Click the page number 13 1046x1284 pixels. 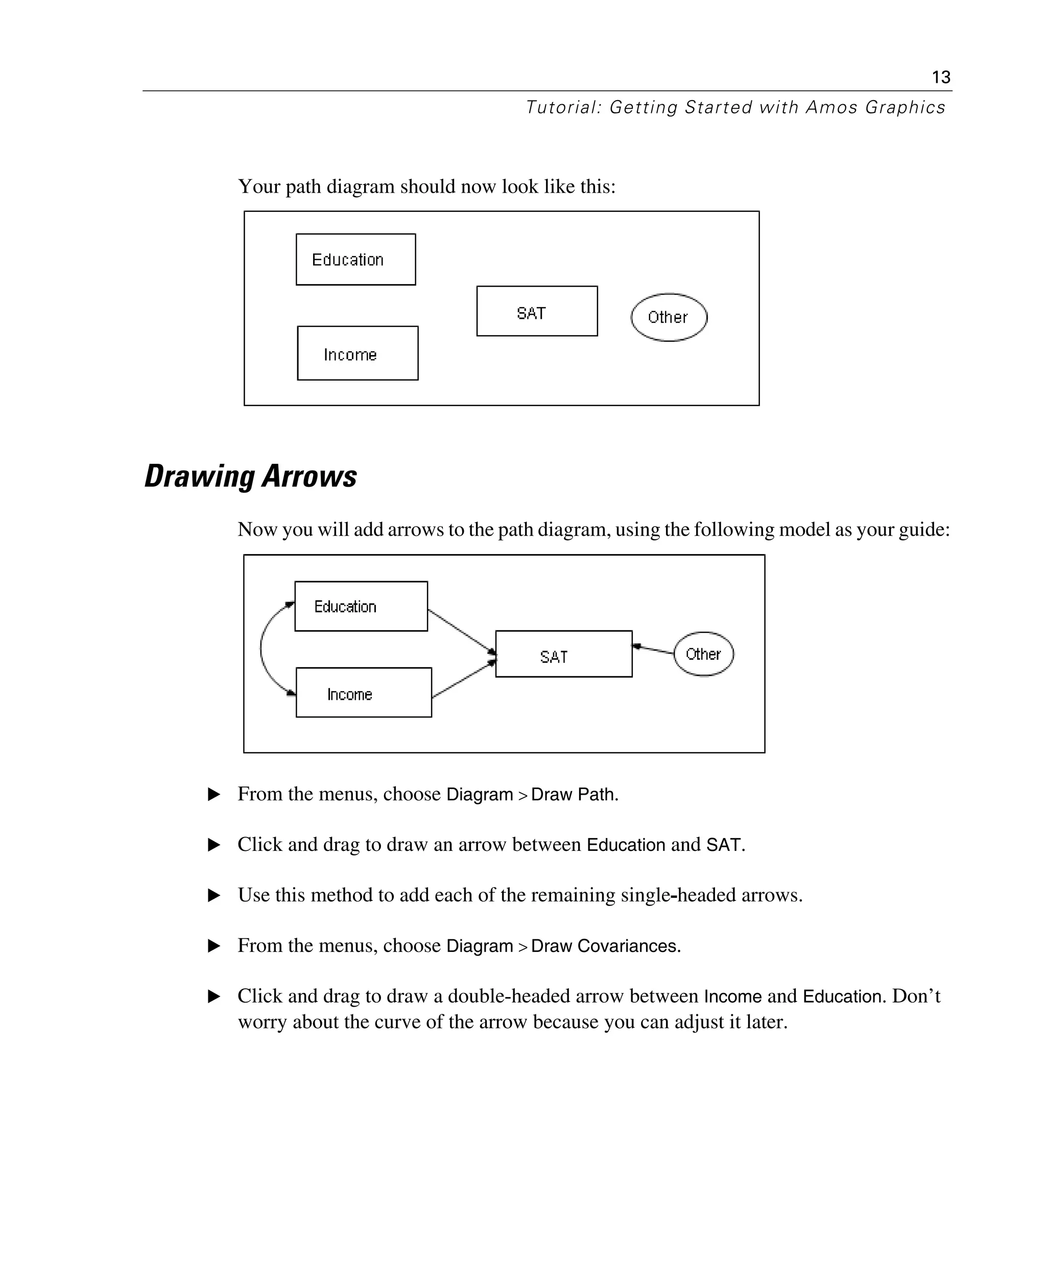tap(941, 77)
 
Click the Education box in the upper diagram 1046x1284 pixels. tap(355, 259)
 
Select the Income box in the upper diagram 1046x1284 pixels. tap(358, 354)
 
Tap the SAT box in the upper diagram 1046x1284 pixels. tap(537, 312)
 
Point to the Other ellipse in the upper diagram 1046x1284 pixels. tap(669, 318)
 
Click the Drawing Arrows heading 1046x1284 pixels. tap(251, 477)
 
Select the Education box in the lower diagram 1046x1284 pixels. tap(361, 607)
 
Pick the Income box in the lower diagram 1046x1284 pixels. tap(363, 693)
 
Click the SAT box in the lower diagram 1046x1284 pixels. tap(563, 655)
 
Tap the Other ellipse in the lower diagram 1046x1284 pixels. tap(703, 654)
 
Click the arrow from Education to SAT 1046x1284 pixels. tap(461, 631)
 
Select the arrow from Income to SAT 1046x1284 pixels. tap(463, 680)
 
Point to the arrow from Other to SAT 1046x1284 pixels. tap(654, 650)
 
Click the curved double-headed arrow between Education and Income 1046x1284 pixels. tap(261, 650)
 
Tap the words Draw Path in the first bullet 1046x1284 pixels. tap(574, 795)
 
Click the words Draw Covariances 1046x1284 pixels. tap(604, 946)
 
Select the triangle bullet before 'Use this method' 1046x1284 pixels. tap(213, 896)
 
